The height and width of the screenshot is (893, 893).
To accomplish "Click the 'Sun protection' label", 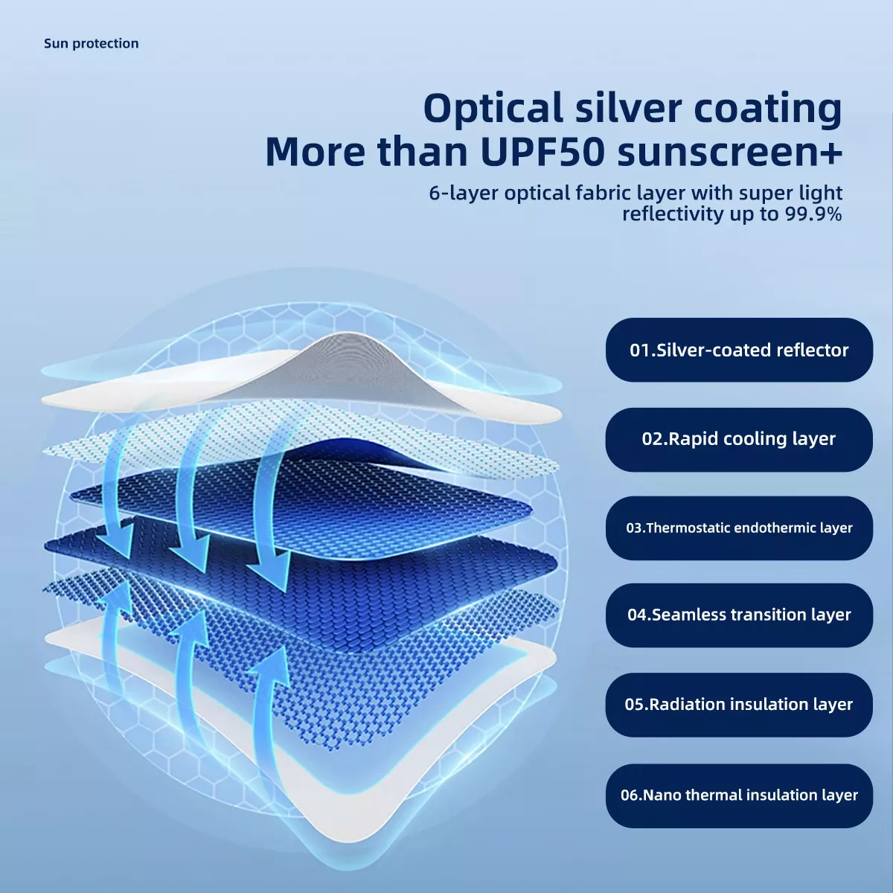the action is pos(92,44).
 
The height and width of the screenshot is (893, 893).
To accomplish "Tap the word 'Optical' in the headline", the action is pos(493,109).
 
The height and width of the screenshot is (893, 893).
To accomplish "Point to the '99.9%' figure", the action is pos(813,214).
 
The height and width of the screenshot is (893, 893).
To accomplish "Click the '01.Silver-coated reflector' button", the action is pos(739,350).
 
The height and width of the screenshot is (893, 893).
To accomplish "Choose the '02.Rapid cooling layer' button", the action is pos(739,439).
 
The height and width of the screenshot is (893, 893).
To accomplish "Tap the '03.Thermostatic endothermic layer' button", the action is pos(739,528).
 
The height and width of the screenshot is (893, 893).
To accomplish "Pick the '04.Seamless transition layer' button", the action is pos(739,615).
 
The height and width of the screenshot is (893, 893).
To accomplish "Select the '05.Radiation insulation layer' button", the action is pos(739,705).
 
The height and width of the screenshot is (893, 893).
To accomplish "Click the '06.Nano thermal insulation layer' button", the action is pos(739,796).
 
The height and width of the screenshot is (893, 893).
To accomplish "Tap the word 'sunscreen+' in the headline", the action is pos(730,153).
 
